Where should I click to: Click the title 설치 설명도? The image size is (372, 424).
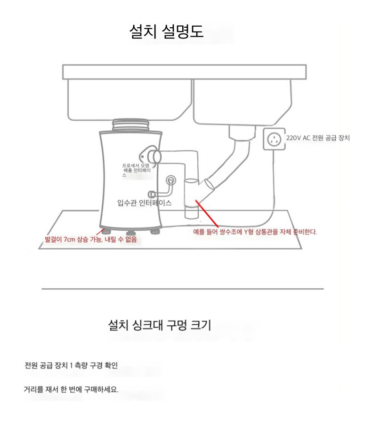pyautogui.click(x=166, y=31)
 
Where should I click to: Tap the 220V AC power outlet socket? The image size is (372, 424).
pyautogui.click(x=274, y=139)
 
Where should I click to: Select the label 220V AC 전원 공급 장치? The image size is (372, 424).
pyautogui.click(x=318, y=138)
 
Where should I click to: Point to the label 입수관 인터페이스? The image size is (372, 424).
pyautogui.click(x=145, y=203)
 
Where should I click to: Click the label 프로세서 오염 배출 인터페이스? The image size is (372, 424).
pyautogui.click(x=136, y=170)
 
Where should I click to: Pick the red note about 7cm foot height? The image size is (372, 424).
pyautogui.click(x=91, y=239)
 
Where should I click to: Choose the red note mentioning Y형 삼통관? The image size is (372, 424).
pyautogui.click(x=255, y=232)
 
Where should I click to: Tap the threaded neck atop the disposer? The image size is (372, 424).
pyautogui.click(x=130, y=125)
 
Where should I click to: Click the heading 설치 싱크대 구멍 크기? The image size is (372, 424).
pyautogui.click(x=159, y=325)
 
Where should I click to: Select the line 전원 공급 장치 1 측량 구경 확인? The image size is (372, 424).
pyautogui.click(x=71, y=365)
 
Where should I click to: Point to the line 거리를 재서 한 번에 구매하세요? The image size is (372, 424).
pyautogui.click(x=71, y=389)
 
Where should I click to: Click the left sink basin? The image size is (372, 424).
pyautogui.click(x=129, y=100)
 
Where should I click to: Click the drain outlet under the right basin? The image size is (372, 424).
pyautogui.click(x=242, y=132)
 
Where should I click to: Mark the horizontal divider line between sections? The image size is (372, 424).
pyautogui.click(x=183, y=289)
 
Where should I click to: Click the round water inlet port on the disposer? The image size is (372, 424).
pyautogui.click(x=170, y=179)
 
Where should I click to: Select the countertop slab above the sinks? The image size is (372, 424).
pyautogui.click(x=185, y=72)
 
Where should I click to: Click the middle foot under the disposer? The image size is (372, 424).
pyautogui.click(x=130, y=233)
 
